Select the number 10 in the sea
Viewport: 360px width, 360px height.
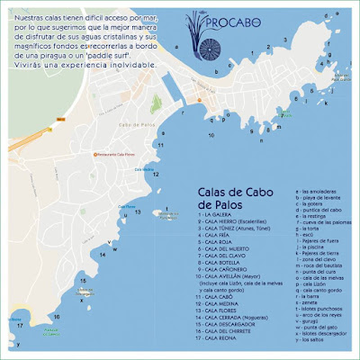[211, 135]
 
